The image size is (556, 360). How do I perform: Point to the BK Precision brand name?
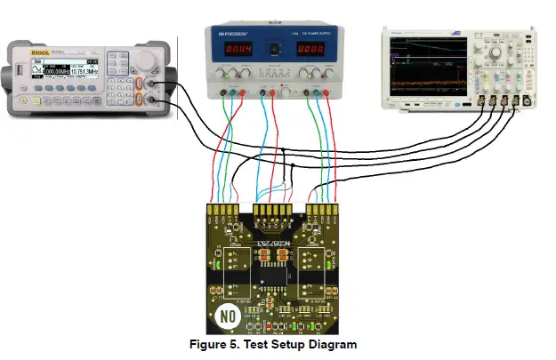tap(234, 34)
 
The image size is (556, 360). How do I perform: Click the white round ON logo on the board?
tap(227, 315)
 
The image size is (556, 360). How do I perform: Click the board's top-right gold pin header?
tap(326, 214)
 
